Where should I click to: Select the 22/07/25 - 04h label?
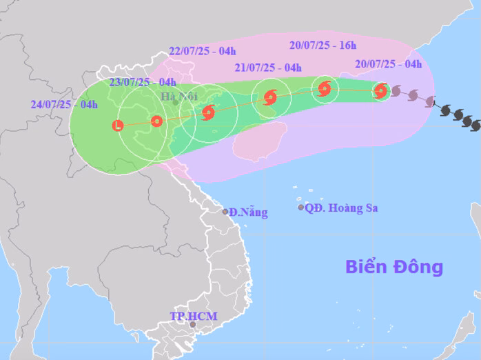pos(202,50)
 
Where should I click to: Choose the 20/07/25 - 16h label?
pos(323,46)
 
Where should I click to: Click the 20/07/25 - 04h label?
pos(389,64)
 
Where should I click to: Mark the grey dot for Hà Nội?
pos(175,103)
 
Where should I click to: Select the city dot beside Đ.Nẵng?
pos(225,212)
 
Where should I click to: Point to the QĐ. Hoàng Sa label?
pos(342,208)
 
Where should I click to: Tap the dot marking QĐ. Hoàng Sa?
pos(300,207)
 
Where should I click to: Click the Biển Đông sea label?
pos(394,267)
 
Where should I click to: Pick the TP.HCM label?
pos(193,317)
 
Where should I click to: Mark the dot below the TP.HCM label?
pos(193,325)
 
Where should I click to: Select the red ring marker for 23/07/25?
pos(156,121)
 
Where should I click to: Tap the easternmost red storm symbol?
pos(380,90)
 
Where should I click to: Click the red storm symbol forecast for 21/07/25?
pos(269,97)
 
